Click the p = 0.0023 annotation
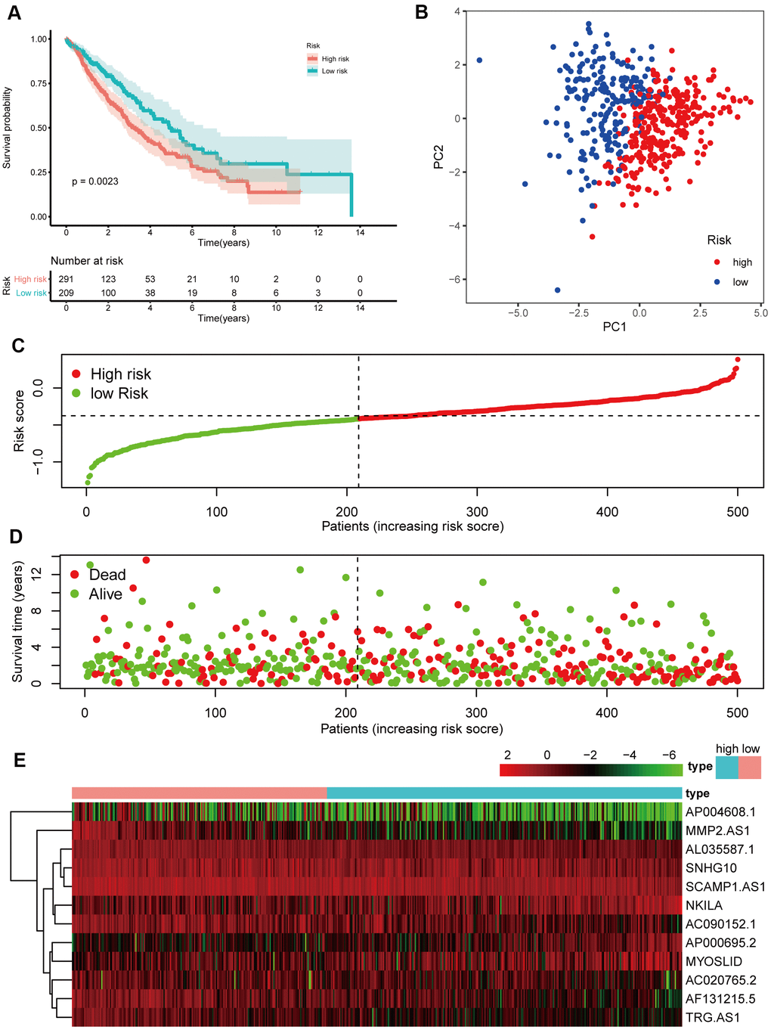tap(94, 181)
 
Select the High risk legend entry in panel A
tap(335, 59)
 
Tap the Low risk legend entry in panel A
tap(334, 71)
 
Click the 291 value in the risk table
tap(66, 279)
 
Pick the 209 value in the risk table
tap(66, 293)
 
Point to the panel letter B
tap(422, 12)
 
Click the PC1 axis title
tap(614, 327)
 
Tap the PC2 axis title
tap(438, 157)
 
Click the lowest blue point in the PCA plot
tap(558, 290)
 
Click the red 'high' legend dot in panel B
tap(717, 262)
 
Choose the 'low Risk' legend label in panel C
tap(119, 393)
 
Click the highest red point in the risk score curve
tap(738, 360)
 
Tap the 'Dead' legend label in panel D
tap(107, 575)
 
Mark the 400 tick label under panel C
tap(607, 512)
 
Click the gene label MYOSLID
tap(714, 961)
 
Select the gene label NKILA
tap(704, 905)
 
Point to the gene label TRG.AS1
tap(712, 1017)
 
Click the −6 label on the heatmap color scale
tap(669, 755)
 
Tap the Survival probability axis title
tap(8, 127)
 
